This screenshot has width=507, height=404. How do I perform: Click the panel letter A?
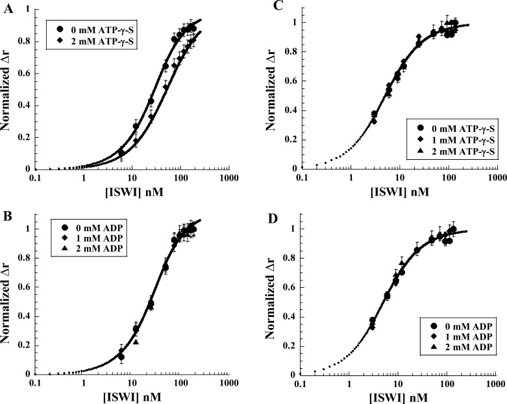[x=6, y=7]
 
